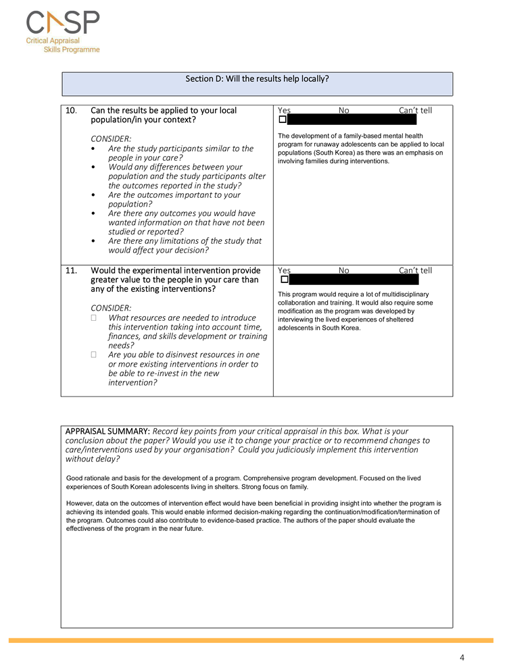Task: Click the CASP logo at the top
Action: pyautogui.click(x=63, y=24)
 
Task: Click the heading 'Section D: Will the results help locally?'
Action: pyautogui.click(x=257, y=78)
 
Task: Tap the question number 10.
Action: pyautogui.click(x=72, y=110)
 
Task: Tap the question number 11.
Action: pyautogui.click(x=72, y=271)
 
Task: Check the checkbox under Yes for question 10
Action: pyautogui.click(x=283, y=120)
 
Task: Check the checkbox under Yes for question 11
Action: pyautogui.click(x=285, y=280)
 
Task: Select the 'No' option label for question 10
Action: pyautogui.click(x=343, y=110)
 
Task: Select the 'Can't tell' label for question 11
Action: pyautogui.click(x=415, y=271)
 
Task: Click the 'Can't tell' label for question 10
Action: pyautogui.click(x=415, y=110)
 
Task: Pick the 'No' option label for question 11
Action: pyautogui.click(x=343, y=271)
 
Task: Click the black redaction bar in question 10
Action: pyautogui.click(x=352, y=120)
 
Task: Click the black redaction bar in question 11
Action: pyautogui.click(x=354, y=280)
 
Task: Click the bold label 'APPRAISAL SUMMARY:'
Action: pyautogui.click(x=107, y=431)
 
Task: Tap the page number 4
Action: pyautogui.click(x=462, y=657)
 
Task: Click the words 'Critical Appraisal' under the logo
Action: pyautogui.click(x=53, y=41)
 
